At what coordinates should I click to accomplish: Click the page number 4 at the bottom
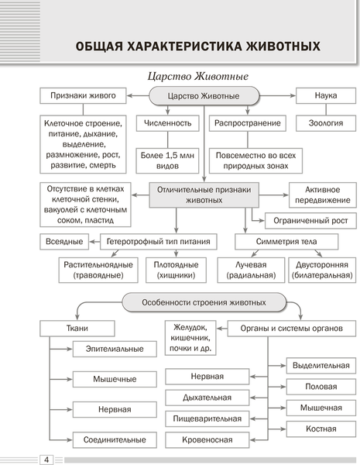[x=47, y=460]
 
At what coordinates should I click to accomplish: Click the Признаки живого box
[x=84, y=95]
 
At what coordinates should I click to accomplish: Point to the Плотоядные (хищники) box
[x=172, y=270]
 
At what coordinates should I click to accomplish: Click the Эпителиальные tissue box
[x=114, y=350]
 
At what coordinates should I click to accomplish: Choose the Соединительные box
[x=114, y=439]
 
